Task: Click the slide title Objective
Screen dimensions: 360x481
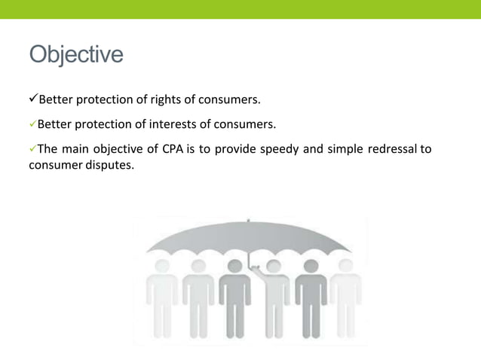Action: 76,55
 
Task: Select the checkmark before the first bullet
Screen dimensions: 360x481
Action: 32,99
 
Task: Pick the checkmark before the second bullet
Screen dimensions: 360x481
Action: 32,124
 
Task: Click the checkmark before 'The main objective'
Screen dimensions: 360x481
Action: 32,148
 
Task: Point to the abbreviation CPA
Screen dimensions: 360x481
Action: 173,148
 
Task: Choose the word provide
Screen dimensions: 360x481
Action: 234,148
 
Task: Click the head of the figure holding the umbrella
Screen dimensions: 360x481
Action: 273,265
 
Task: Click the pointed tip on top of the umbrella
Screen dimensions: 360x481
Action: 249,221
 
